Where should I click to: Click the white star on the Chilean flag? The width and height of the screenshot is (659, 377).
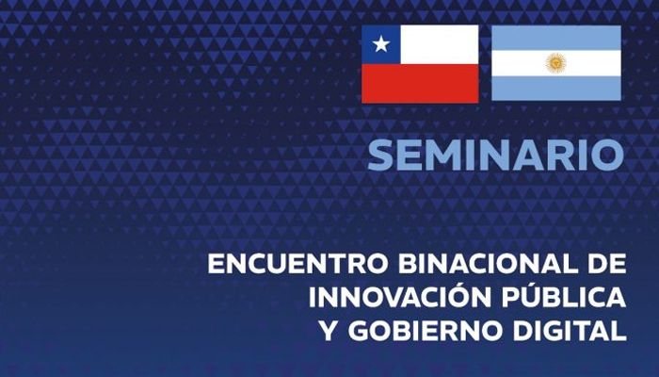(380, 44)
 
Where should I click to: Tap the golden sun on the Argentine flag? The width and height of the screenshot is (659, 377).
(555, 63)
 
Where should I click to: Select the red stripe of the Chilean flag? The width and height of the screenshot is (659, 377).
(420, 83)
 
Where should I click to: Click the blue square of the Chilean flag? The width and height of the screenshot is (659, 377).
(380, 44)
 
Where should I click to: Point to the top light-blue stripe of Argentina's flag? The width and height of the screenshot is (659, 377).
(556, 38)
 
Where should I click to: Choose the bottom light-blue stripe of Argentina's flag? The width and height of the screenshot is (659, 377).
(556, 88)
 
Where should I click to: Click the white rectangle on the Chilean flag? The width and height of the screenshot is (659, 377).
(440, 44)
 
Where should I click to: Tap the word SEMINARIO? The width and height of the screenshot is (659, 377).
(496, 155)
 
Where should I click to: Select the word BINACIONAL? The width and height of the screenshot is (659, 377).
(490, 264)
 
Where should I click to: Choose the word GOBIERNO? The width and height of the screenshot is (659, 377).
(425, 330)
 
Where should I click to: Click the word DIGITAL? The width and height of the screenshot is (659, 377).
(569, 330)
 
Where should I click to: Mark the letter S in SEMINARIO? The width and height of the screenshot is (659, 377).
(381, 155)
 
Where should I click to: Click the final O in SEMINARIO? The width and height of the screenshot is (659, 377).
(608, 155)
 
